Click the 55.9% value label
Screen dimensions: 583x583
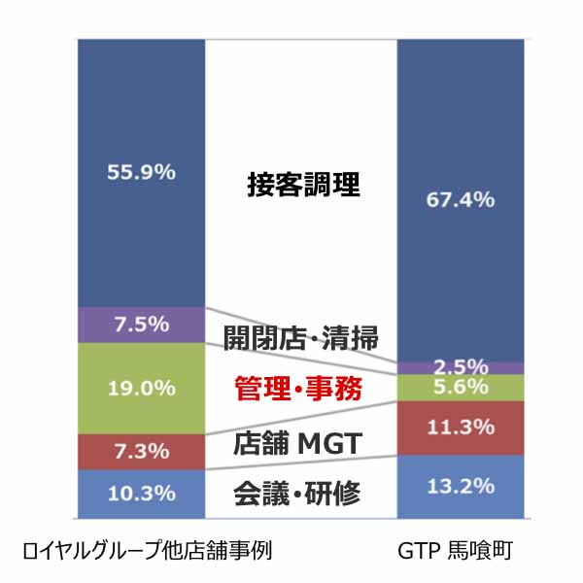point(142,172)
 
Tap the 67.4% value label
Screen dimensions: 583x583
point(461,200)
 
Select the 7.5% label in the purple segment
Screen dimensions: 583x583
point(142,325)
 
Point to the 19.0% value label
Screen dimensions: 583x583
point(142,388)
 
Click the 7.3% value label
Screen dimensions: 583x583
point(142,451)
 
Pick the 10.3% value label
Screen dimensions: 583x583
point(142,494)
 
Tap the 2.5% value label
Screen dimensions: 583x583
point(461,366)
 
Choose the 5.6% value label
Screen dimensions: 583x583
point(461,387)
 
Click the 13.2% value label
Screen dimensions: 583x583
point(461,486)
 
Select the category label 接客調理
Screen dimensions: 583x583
point(302,185)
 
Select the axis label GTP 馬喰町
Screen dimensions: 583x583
point(461,552)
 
